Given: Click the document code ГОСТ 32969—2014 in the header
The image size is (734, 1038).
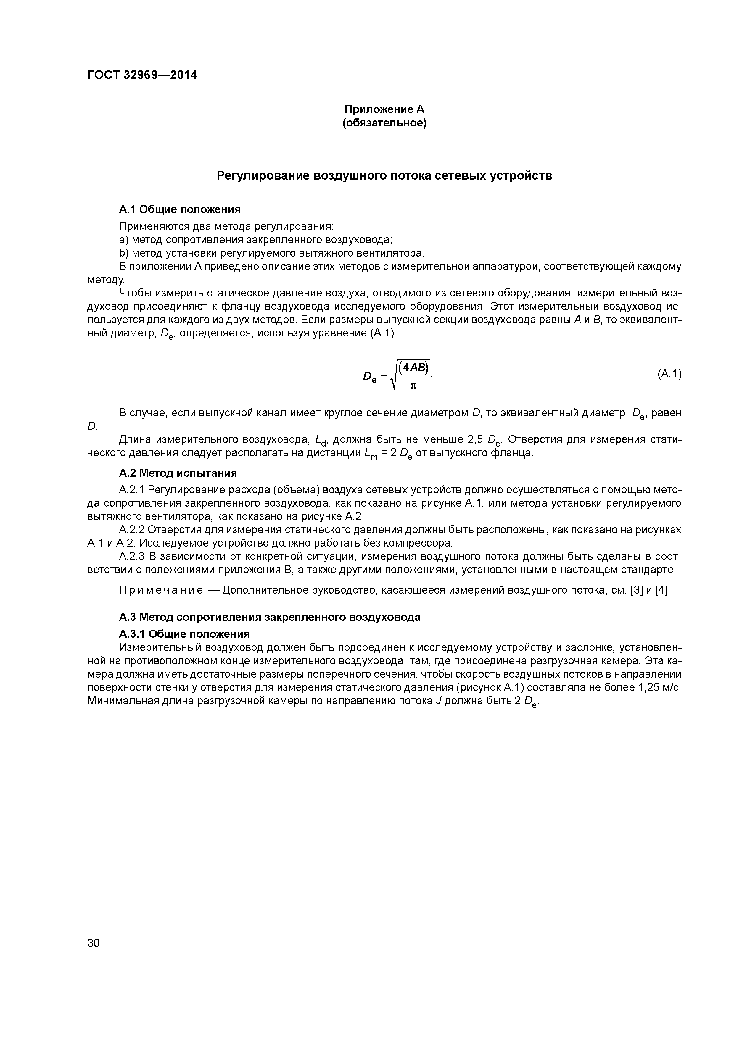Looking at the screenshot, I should tap(142, 75).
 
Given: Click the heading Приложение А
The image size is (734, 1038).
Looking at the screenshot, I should tap(384, 109).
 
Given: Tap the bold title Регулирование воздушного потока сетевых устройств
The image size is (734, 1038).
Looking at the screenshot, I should tap(384, 175).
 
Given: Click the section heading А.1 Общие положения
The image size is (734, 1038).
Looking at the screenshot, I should tap(180, 209).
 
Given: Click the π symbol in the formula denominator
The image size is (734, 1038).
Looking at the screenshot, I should tap(413, 386).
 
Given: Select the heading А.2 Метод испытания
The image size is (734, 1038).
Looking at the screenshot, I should tap(178, 473).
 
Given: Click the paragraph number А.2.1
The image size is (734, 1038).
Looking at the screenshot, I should tap(132, 490).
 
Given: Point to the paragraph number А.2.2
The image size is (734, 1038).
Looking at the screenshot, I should tap(132, 529).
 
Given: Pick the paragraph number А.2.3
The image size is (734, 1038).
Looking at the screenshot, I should tap(132, 556).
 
